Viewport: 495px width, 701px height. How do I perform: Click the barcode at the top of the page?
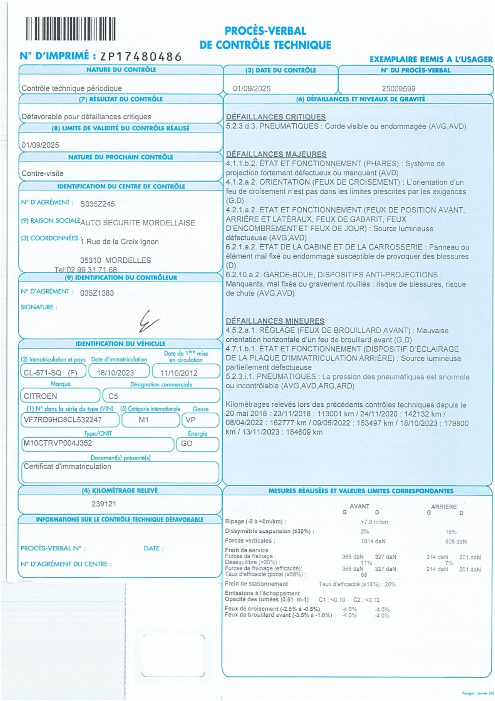coord(71,29)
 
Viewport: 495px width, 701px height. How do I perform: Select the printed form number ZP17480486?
coord(141,56)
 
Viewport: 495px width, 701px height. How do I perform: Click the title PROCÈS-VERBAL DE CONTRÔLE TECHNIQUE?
coord(265,38)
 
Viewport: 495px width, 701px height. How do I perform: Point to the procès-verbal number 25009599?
coord(398,89)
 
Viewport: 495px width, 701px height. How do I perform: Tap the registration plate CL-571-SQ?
coord(43,373)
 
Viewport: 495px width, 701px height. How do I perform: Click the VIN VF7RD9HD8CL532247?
coord(63,420)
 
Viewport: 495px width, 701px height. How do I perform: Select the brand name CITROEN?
coord(40,396)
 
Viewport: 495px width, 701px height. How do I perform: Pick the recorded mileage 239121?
coord(104,504)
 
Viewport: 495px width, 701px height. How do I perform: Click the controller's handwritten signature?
coord(148,321)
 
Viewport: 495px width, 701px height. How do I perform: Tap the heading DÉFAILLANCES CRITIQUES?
coord(276,117)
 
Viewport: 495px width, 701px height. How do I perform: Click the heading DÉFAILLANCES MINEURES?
coord(275,321)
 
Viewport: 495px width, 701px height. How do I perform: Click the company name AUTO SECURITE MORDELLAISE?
coord(138,223)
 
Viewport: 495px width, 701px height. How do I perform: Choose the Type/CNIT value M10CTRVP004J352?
coord(58,443)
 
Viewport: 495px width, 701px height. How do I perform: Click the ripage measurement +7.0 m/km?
coord(374,522)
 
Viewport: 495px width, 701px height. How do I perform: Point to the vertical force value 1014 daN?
coord(373,541)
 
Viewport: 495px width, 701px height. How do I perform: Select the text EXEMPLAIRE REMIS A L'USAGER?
coord(431,59)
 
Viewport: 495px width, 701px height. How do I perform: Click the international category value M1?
coord(143,420)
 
